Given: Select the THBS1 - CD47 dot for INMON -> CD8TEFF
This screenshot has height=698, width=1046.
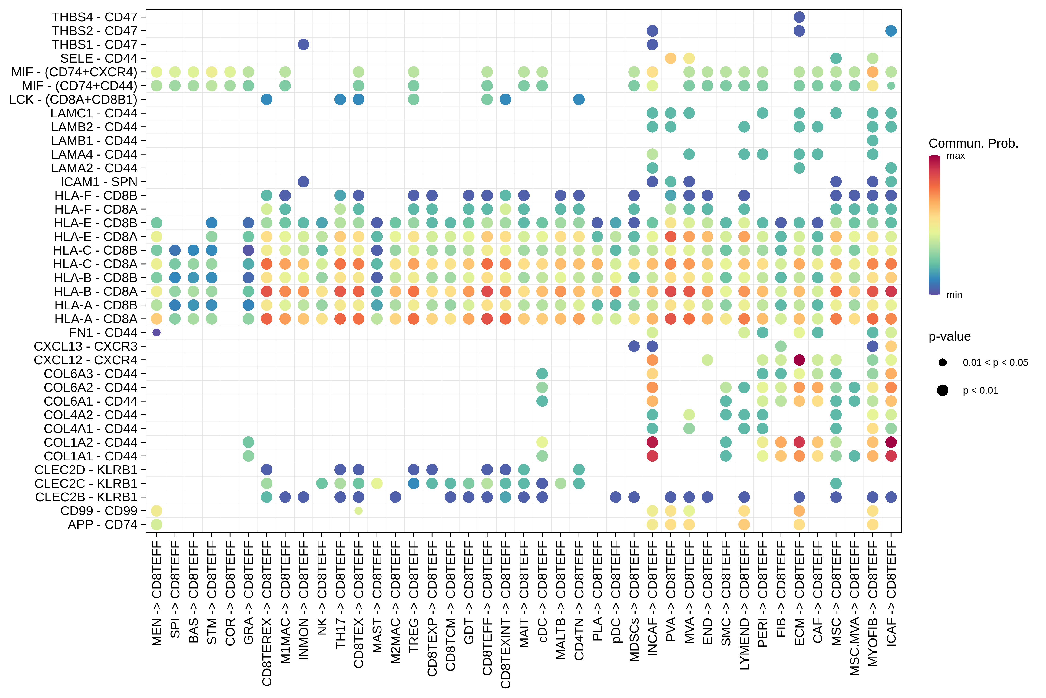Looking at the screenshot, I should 303,44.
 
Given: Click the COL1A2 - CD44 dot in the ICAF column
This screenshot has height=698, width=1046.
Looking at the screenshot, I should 891,442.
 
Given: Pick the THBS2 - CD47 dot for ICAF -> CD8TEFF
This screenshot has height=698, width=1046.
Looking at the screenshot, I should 891,31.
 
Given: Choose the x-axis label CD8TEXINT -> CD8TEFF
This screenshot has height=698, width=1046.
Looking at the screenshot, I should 506,614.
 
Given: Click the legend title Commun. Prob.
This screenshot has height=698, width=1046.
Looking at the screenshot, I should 973,143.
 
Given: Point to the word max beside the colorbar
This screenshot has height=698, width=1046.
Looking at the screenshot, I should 956,156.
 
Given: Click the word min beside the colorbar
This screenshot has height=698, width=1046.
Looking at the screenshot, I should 954,295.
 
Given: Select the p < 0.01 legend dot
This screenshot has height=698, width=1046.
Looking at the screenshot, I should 942,390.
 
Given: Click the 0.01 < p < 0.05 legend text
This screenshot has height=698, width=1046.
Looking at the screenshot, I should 995,362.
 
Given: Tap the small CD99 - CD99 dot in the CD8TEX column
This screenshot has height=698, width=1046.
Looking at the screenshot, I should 358,511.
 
